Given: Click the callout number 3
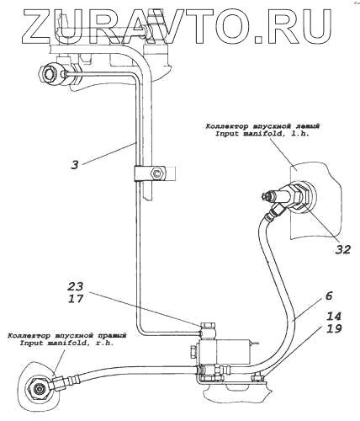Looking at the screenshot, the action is point(75,165).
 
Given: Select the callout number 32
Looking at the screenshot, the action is point(343,249).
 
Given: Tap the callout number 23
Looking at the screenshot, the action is point(75,286).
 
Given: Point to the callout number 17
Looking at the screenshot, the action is point(75,298).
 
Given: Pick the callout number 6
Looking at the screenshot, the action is point(329,296).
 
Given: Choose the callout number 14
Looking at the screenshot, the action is point(333,317).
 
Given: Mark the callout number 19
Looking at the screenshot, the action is point(333,328).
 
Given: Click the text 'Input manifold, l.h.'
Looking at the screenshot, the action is point(262,134).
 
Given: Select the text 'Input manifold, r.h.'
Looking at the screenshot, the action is point(66,343).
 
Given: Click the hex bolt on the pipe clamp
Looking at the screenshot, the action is point(157,174).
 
